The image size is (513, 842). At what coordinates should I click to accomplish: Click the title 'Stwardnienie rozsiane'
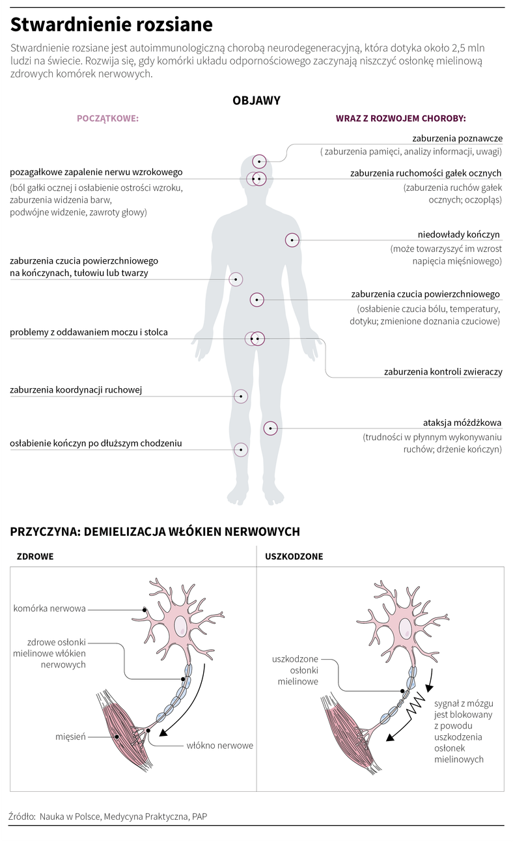(x=111, y=25)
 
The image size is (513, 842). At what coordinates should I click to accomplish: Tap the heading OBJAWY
(x=256, y=100)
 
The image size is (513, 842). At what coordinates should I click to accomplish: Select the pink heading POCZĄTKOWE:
(x=108, y=119)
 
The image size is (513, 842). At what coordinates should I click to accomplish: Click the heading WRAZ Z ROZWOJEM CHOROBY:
(x=400, y=119)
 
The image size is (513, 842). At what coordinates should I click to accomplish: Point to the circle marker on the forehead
(x=259, y=161)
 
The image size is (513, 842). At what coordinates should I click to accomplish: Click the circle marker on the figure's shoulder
(x=292, y=240)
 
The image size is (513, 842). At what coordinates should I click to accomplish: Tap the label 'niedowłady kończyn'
(x=458, y=234)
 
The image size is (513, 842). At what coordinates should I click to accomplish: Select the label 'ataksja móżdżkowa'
(x=462, y=423)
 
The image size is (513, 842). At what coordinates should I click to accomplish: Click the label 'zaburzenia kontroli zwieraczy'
(x=443, y=372)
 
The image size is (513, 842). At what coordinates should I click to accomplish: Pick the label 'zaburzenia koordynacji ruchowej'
(x=76, y=390)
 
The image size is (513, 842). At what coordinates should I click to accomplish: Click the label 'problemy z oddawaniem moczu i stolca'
(x=89, y=332)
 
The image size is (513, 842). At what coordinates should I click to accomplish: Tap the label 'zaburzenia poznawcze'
(x=458, y=138)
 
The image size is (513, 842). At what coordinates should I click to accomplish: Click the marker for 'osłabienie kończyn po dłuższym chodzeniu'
(x=241, y=449)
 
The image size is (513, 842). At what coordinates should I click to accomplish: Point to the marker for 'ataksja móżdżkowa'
(x=271, y=428)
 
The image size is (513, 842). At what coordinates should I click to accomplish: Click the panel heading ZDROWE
(x=35, y=556)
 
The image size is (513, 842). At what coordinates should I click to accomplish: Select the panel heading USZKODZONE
(x=294, y=556)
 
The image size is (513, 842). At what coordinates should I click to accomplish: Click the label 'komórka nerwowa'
(x=49, y=608)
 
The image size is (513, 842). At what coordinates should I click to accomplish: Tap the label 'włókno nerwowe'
(x=220, y=745)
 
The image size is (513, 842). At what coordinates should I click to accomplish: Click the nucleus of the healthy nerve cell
(x=181, y=626)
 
